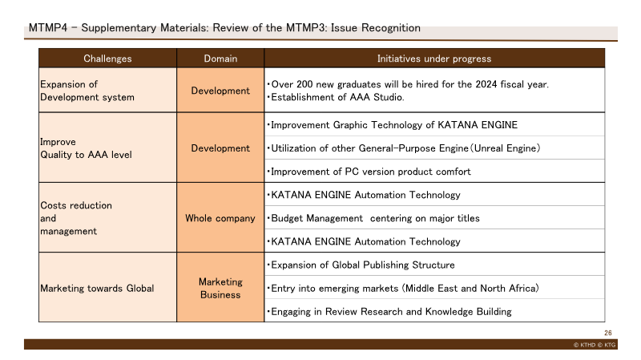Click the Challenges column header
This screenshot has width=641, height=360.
point(107,59)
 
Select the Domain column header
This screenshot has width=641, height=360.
point(220,59)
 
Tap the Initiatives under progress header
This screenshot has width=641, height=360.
point(434,59)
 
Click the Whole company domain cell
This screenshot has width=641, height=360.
point(220,217)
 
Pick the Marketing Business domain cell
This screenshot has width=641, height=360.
point(220,288)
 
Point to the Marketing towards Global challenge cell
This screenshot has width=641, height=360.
point(107,288)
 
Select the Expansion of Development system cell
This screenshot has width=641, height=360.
point(107,90)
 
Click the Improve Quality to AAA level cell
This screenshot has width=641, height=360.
point(107,148)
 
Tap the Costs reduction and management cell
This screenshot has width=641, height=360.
point(107,217)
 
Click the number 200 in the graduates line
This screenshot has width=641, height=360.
point(304,84)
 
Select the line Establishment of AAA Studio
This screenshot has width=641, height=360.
point(336,97)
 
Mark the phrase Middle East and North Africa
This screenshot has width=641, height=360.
point(470,289)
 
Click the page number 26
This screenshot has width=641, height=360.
point(608,333)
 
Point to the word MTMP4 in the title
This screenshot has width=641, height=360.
point(48,28)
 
